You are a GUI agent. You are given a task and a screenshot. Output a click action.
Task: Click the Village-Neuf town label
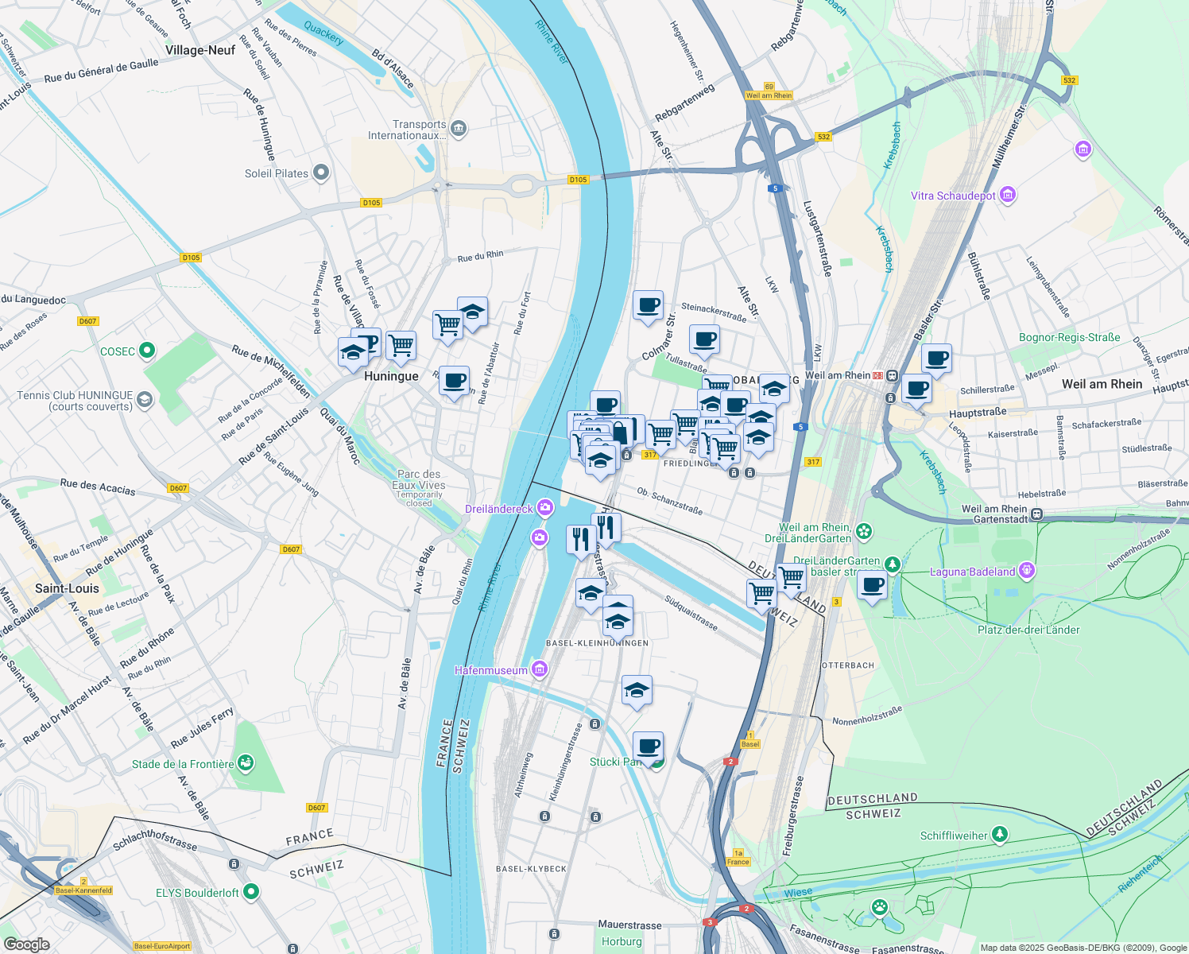coord(200,50)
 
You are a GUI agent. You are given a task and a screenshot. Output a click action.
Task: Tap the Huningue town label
coord(391,376)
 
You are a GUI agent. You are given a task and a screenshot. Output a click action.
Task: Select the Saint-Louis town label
coord(68,588)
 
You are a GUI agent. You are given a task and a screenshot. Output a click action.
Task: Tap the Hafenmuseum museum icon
coord(540,669)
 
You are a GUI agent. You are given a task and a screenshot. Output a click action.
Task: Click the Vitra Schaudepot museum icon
coord(1008,195)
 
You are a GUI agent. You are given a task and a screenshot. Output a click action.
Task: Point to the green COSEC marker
coord(146,351)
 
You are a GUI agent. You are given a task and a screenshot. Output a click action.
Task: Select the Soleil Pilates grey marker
coord(320,173)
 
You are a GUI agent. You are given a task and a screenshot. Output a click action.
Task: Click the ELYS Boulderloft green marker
coord(251,892)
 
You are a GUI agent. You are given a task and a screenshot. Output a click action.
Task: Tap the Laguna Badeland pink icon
coord(1027,570)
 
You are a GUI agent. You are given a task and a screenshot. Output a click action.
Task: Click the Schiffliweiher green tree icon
coord(1000,835)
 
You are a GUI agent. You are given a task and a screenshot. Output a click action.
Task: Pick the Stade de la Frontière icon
coord(246,763)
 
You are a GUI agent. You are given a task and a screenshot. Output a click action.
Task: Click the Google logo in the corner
coord(26,944)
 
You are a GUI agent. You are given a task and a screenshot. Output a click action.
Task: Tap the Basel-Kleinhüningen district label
coord(597,642)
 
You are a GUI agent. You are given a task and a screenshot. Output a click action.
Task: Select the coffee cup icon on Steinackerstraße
coord(648,305)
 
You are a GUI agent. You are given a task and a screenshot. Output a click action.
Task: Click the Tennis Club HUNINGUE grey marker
coord(144,400)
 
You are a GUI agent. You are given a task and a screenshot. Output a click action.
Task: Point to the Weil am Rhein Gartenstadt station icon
coord(1036,514)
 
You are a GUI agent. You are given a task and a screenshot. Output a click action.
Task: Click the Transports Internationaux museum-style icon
coord(458,129)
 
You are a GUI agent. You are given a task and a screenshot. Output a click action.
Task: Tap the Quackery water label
coord(323,34)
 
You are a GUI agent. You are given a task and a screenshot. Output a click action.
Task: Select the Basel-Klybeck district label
coord(531,868)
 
